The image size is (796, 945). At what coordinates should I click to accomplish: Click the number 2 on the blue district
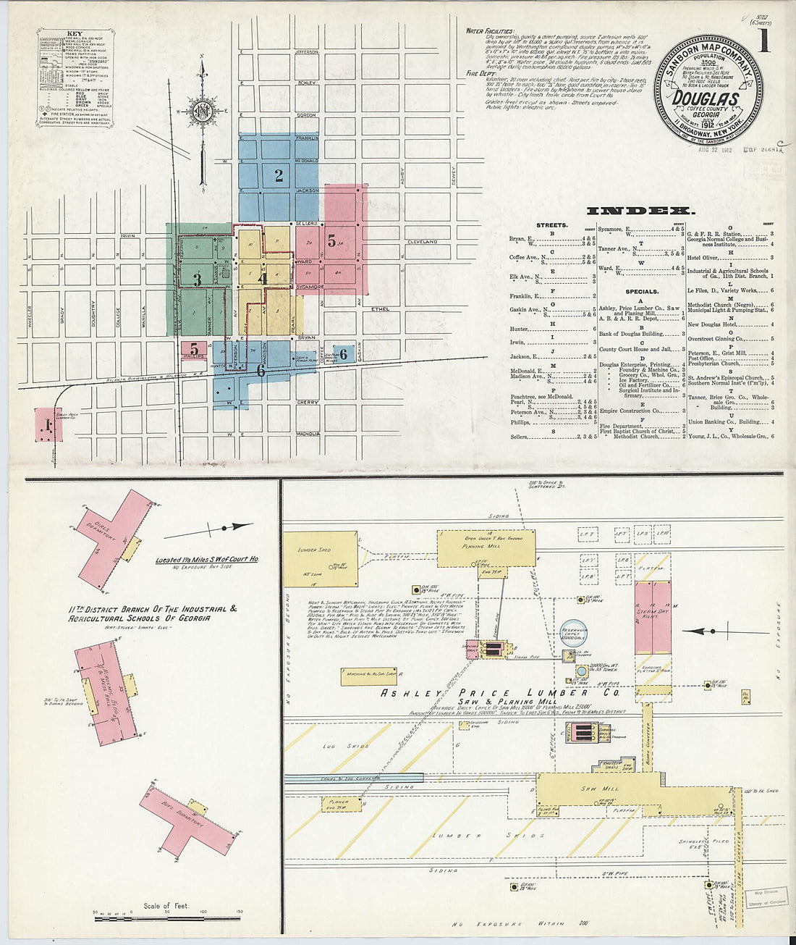(278, 175)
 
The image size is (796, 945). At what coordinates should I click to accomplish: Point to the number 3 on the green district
(197, 279)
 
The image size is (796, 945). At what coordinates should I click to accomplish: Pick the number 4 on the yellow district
(263, 278)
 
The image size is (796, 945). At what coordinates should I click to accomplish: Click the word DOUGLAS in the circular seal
(706, 99)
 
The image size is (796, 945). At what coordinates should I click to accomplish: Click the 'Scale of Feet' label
(166, 906)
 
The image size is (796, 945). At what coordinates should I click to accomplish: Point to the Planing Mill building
(486, 547)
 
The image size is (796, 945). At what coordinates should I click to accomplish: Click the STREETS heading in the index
(551, 225)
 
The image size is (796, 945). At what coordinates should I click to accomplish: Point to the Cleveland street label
(423, 241)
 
